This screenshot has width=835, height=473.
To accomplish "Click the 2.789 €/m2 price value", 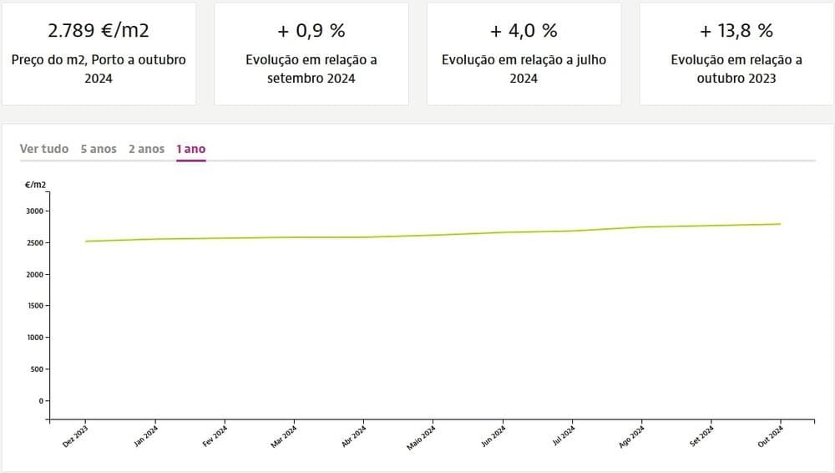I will pyautogui.click(x=99, y=31).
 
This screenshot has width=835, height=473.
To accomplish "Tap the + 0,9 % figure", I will pyautogui.click(x=311, y=31).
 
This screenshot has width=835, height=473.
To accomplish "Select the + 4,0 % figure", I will pyautogui.click(x=524, y=31).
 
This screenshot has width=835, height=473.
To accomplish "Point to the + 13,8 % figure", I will pyautogui.click(x=736, y=31).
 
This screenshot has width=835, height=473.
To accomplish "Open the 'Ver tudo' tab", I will pyautogui.click(x=44, y=149).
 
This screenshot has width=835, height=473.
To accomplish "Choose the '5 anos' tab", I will pyautogui.click(x=99, y=149).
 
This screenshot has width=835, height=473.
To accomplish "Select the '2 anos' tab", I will pyautogui.click(x=146, y=149).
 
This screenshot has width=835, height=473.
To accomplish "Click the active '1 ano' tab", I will pyautogui.click(x=190, y=149).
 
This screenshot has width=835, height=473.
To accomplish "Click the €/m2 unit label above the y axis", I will pyautogui.click(x=36, y=184).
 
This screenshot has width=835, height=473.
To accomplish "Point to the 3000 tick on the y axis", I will pyautogui.click(x=35, y=211).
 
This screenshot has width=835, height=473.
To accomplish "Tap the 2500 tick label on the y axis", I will pyautogui.click(x=35, y=243).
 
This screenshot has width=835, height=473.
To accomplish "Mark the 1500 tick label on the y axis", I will pyautogui.click(x=35, y=306).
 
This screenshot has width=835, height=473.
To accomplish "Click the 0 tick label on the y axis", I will pyautogui.click(x=39, y=400).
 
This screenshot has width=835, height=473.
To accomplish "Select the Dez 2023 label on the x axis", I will pyautogui.click(x=76, y=437).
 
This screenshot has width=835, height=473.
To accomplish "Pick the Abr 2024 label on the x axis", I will pyautogui.click(x=354, y=437).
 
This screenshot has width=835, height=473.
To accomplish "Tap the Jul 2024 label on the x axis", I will pyautogui.click(x=563, y=437).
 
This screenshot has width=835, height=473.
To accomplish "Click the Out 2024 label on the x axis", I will pyautogui.click(x=772, y=437).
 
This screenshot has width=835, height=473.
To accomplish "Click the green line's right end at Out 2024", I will pyautogui.click(x=780, y=224).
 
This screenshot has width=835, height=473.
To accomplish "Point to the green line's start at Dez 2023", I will pyautogui.click(x=86, y=242).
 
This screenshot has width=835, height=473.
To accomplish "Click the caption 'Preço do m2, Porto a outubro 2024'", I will pyautogui.click(x=99, y=69).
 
